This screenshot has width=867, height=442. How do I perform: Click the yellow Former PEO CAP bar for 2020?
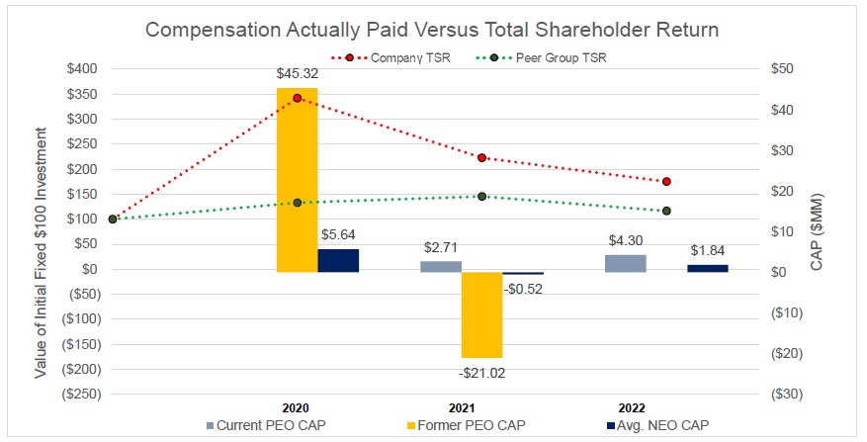tap(297, 178)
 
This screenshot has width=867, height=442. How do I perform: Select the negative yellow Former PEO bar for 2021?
tap(481, 314)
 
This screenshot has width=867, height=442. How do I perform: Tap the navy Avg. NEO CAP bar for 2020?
tap(338, 260)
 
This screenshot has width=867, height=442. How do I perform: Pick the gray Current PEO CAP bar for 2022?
tap(626, 263)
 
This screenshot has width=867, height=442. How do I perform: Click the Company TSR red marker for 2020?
tap(297, 98)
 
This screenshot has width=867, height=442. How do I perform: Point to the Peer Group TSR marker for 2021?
tap(481, 196)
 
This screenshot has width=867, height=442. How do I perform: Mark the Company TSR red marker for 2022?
tap(666, 181)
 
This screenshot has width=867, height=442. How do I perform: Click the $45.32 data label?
tap(297, 73)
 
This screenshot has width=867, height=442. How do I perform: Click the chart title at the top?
tap(432, 30)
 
